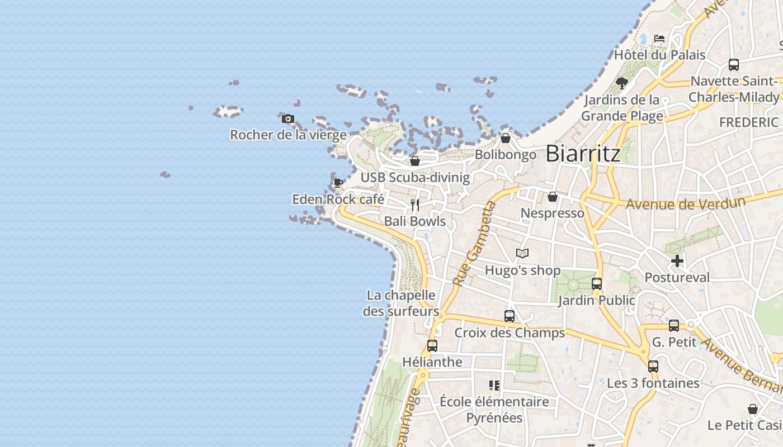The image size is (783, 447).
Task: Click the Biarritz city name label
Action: pyautogui.click(x=583, y=153)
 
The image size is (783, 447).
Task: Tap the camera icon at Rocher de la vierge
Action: pyautogui.click(x=288, y=118)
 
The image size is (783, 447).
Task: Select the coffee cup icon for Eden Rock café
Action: pyautogui.click(x=338, y=182)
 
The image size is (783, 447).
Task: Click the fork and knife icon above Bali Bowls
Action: pyautogui.click(x=415, y=205)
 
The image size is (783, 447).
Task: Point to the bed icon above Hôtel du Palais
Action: pyautogui.click(x=659, y=39)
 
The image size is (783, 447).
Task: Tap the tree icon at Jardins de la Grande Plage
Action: pyautogui.click(x=621, y=83)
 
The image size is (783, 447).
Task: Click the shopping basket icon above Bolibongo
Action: pyautogui.click(x=506, y=138)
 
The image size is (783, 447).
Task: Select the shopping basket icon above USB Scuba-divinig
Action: pyautogui.click(x=415, y=161)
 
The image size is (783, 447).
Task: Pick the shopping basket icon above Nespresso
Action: pyautogui.click(x=553, y=197)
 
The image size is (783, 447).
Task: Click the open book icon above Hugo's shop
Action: pyautogui.click(x=522, y=254)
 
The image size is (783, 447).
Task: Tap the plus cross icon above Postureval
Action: pyautogui.click(x=677, y=261)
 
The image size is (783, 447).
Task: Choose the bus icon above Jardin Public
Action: pyautogui.click(x=597, y=284)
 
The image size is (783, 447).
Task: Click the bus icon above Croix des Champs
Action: pyautogui.click(x=510, y=316)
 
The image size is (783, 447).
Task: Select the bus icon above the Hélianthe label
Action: pyautogui.click(x=432, y=346)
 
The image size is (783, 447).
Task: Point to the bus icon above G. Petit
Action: pyautogui.click(x=674, y=326)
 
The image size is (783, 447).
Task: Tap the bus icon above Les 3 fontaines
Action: pyautogui.click(x=653, y=367)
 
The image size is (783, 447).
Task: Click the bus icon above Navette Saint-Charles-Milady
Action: pyautogui.click(x=734, y=65)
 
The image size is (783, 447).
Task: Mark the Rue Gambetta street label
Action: pyautogui.click(x=475, y=244)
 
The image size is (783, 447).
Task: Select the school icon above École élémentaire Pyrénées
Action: pyautogui.click(x=494, y=385)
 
